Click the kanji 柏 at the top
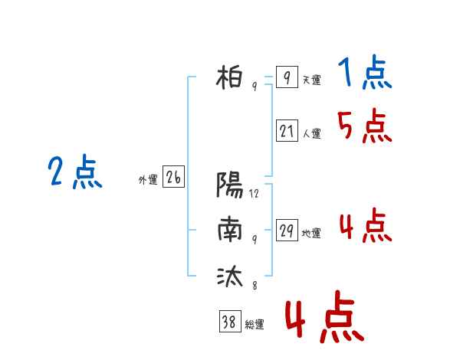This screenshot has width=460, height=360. (229, 77)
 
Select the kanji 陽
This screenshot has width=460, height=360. (230, 185)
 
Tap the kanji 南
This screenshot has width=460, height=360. (230, 229)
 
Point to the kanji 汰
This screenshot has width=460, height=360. (230, 276)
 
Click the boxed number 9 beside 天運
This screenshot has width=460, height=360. (287, 77)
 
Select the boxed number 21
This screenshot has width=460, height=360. (287, 130)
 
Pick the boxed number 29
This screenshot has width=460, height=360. (287, 230)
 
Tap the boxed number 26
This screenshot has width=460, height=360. (173, 176)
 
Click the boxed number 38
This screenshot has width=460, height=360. (230, 321)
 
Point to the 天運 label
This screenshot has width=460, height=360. (312, 80)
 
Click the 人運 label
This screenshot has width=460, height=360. (312, 134)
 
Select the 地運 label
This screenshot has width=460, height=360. (311, 234)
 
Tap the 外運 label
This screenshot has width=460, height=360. (148, 180)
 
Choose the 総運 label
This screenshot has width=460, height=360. (255, 325)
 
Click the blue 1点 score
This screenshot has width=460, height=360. (365, 72)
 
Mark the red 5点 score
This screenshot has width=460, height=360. (365, 126)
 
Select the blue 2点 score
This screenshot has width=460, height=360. (75, 172)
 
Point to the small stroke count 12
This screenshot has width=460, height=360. (254, 194)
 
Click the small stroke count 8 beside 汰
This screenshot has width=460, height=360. (255, 286)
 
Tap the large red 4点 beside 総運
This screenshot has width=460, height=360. (324, 317)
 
